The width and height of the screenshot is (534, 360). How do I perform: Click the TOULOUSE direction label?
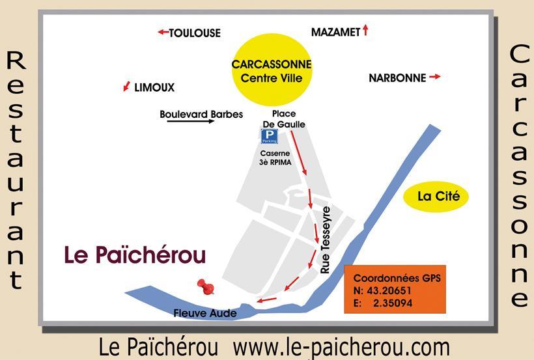coord(195,33)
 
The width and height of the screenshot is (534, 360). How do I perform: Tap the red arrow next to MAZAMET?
coord(366,30)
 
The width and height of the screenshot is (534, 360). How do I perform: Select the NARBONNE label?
coord(397,78)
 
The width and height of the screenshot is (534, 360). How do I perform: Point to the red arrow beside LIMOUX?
coord(126,87)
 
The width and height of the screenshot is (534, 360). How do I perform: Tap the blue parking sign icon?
coord(269,136)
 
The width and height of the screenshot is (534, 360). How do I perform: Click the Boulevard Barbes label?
coord(201,115)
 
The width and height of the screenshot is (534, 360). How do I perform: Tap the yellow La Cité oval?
coord(436,196)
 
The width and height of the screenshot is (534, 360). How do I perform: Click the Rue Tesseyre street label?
coord(327,239)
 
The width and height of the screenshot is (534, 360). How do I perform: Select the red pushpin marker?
coord(206,286)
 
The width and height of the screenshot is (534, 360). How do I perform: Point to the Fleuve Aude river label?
coord(205,313)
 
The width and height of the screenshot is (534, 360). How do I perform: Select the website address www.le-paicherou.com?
coord(341,347)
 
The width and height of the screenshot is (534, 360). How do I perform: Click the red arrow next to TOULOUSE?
coord(163,32)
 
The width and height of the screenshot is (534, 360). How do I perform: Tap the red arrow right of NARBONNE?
coord(434,77)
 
